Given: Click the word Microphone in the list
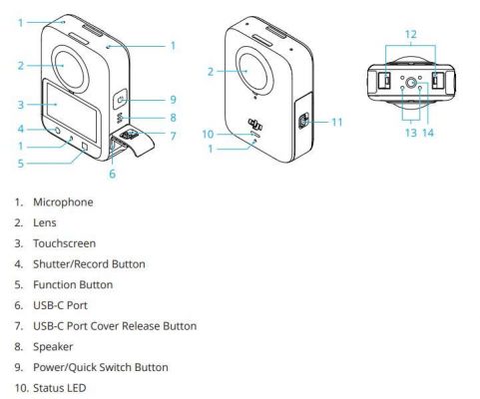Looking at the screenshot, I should click(63, 202).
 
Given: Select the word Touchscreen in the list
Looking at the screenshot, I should click(65, 243).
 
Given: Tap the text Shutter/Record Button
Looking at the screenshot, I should click(89, 264).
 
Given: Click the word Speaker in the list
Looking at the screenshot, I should click(53, 347).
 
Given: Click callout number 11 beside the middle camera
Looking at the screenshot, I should click(336, 122).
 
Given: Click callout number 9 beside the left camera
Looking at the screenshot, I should click(172, 100).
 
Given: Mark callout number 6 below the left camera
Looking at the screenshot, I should click(112, 173).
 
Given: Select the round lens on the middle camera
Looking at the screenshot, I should click(254, 71).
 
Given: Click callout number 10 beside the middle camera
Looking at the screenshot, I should click(208, 134).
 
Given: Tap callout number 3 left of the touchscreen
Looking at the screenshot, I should click(20, 104).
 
